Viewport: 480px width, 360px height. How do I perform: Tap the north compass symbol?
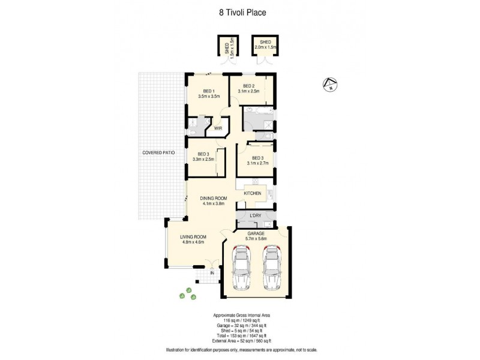(328, 85)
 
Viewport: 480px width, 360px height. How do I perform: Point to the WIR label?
(218, 127)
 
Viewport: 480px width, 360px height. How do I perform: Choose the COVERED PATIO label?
(158, 153)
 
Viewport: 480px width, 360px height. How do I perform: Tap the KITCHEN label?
(253, 193)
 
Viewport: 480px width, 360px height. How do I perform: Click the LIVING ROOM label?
(193, 237)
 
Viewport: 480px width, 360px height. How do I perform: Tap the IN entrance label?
(212, 273)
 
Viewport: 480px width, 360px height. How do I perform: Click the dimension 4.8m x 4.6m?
(193, 242)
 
